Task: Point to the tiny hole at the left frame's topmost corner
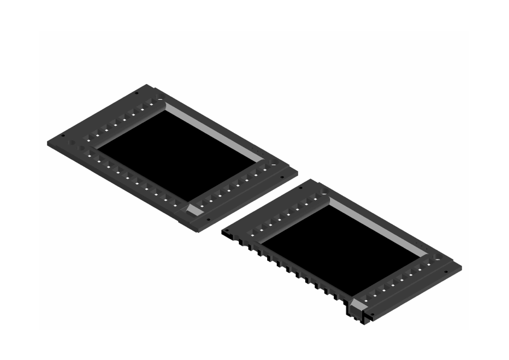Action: (x=137, y=93)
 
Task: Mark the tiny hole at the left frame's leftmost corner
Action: (x=63, y=136)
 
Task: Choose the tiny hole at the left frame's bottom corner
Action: (x=208, y=220)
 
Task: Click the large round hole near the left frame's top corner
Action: (x=158, y=96)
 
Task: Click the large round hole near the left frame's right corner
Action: (x=273, y=163)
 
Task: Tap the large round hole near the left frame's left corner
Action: (x=75, y=144)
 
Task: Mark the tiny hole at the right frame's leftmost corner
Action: (x=228, y=231)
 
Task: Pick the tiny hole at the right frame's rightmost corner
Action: (x=447, y=272)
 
